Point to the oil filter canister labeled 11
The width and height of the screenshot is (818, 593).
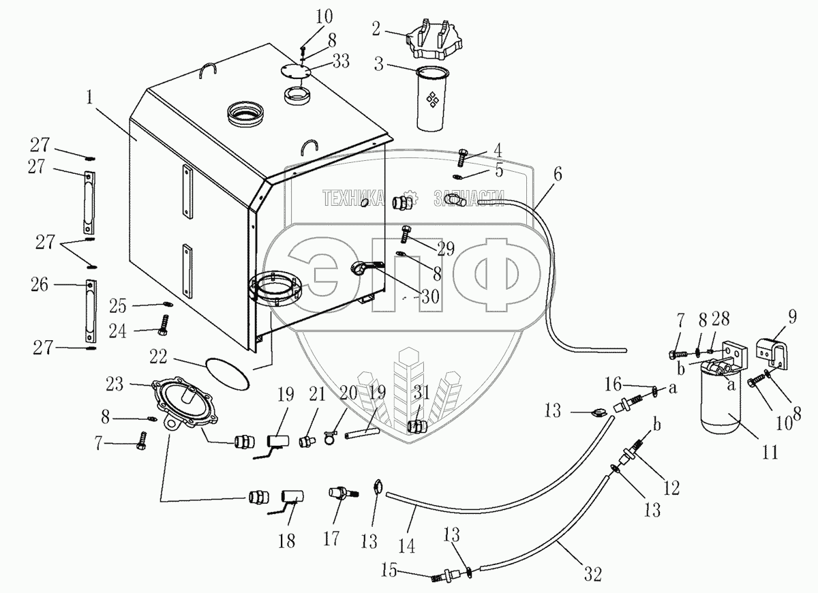[x=722, y=406]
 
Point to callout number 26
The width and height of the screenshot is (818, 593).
[x=40, y=285]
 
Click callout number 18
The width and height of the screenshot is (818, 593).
[x=286, y=541]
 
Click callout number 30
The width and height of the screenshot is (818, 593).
[x=429, y=296]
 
